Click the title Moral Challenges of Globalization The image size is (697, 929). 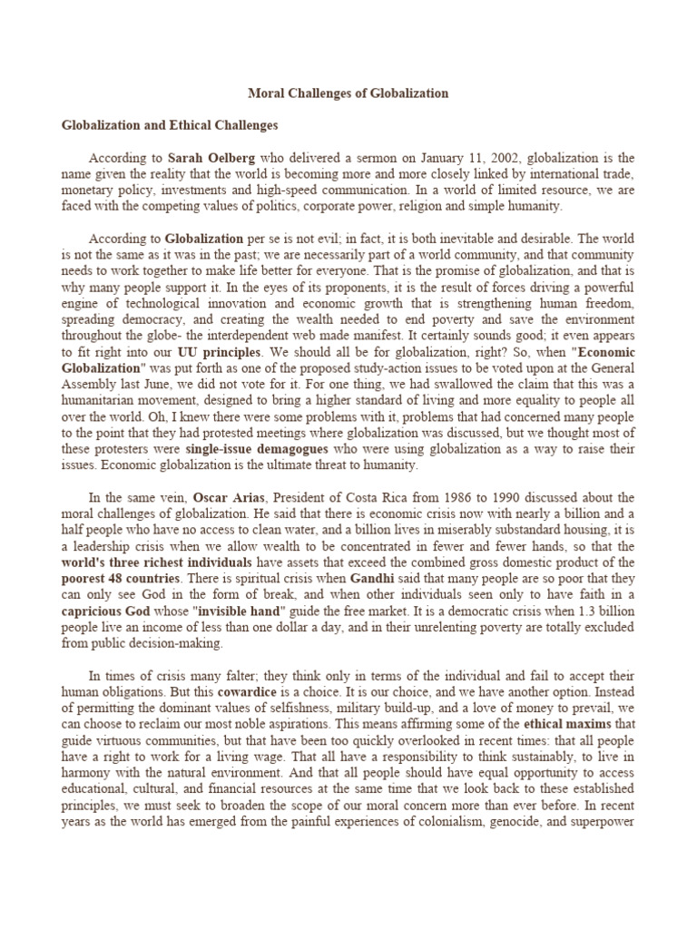click(348, 93)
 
